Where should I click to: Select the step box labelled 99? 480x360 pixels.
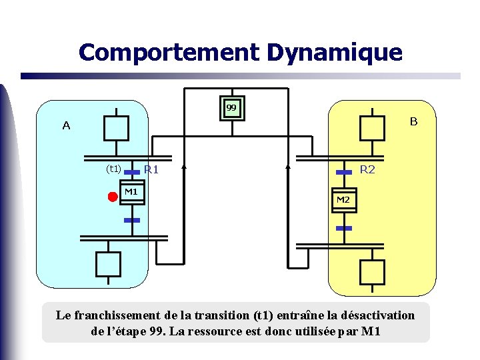pyautogui.click(x=231, y=107)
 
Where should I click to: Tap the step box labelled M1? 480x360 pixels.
pyautogui.click(x=131, y=192)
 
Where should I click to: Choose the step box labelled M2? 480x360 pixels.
pyautogui.click(x=343, y=200)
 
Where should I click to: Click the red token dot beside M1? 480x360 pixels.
pyautogui.click(x=113, y=196)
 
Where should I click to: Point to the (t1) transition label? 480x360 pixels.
pyautogui.click(x=113, y=169)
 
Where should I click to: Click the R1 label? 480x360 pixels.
pyautogui.click(x=151, y=170)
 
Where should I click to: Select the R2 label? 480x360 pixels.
pyautogui.click(x=367, y=169)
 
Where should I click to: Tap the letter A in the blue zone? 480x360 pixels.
pyautogui.click(x=66, y=125)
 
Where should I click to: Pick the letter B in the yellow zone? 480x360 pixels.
pyautogui.click(x=413, y=121)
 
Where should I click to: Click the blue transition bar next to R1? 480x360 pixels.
pyautogui.click(x=133, y=171)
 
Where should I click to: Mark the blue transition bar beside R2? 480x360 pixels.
pyautogui.click(x=343, y=172)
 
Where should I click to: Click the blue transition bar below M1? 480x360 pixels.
pyautogui.click(x=132, y=219)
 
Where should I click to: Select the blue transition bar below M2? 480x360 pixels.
pyautogui.click(x=343, y=228)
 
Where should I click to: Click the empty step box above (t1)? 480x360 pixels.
pyautogui.click(x=116, y=127)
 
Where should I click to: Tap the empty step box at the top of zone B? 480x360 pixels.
pyautogui.click(x=372, y=127)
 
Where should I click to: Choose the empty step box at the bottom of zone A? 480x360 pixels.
pyautogui.click(x=108, y=263)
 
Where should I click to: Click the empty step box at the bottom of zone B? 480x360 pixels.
pyautogui.click(x=372, y=271)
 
